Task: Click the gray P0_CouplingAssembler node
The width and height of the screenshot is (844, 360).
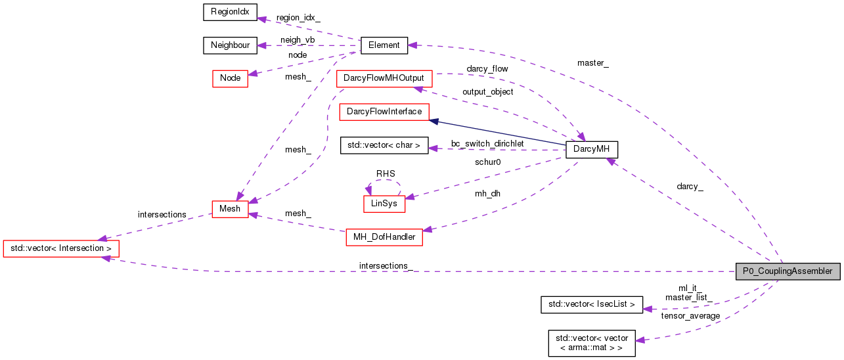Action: click(x=788, y=271)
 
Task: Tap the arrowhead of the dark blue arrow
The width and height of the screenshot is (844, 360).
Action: click(x=433, y=121)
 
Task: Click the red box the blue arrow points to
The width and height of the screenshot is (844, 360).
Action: click(x=384, y=112)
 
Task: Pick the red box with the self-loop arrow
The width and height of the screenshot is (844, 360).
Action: click(x=384, y=204)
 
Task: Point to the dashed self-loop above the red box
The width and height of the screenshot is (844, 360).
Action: click(x=384, y=180)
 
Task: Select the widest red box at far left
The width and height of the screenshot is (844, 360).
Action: click(x=60, y=248)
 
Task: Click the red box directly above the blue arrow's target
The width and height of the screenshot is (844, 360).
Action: click(x=384, y=79)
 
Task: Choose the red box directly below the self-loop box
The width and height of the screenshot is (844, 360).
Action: click(x=384, y=237)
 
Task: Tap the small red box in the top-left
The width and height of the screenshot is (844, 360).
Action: click(x=230, y=79)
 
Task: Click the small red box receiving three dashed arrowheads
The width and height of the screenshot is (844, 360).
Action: click(x=230, y=209)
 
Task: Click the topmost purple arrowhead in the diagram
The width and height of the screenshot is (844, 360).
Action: click(x=261, y=19)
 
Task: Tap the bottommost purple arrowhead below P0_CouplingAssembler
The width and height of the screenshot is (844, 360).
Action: click(x=640, y=340)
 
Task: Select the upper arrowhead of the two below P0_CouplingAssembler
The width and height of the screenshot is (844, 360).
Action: click(x=648, y=309)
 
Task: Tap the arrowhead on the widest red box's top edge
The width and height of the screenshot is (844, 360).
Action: click(x=102, y=238)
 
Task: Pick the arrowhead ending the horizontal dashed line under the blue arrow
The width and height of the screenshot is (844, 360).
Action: click(x=433, y=148)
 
